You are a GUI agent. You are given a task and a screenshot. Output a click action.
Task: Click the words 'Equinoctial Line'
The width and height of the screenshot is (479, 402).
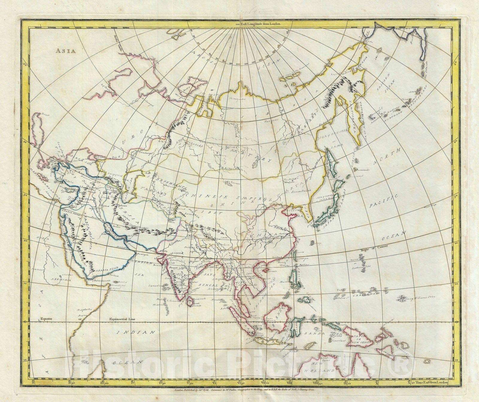[122, 319]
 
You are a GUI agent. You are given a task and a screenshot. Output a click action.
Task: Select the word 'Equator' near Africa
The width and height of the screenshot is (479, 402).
[47, 319]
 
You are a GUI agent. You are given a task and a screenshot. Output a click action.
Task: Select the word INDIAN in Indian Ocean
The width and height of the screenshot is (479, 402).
[136, 332]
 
